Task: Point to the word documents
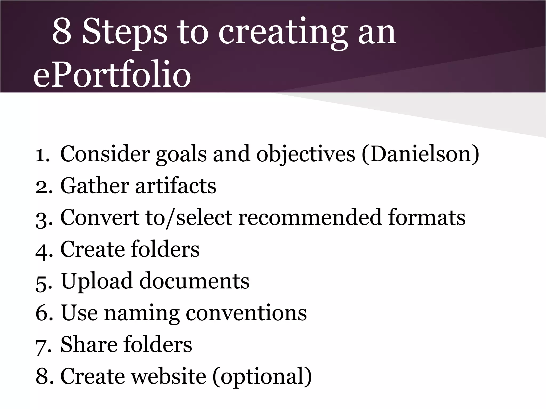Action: click(194, 281)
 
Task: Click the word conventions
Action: click(246, 313)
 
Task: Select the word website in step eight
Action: click(168, 376)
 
